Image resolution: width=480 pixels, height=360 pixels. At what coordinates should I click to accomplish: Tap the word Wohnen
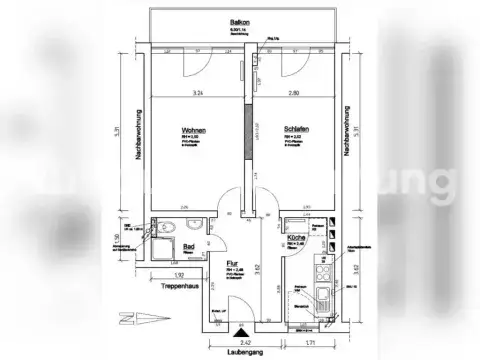pos(195,131)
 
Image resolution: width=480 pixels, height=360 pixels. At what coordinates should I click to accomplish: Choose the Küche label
pos(295,240)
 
